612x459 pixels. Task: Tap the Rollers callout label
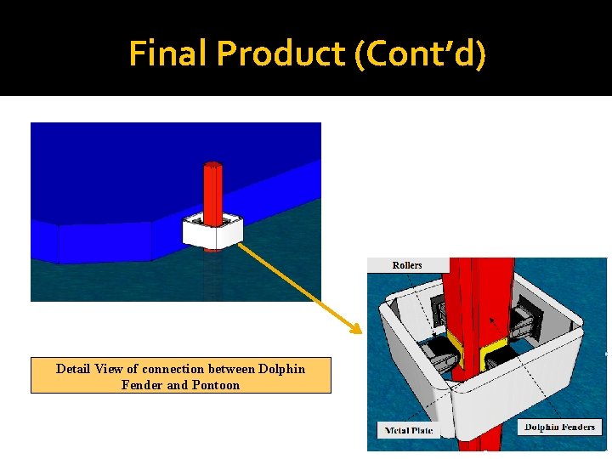click(407, 265)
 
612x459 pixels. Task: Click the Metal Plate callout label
click(409, 430)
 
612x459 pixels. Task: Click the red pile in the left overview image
click(212, 189)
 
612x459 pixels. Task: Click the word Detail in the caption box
click(73, 369)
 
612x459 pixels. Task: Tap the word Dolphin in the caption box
click(281, 369)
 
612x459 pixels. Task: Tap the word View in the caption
click(110, 369)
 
